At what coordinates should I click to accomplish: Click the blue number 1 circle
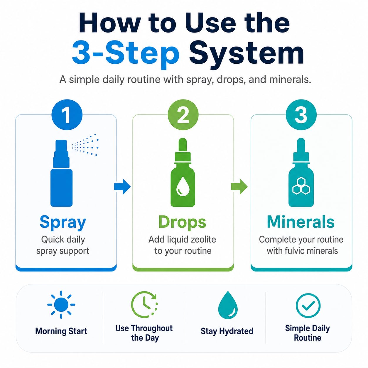pos(67,115)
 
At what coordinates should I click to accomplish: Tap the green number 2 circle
pos(183,115)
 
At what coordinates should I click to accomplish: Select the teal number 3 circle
pos(301,115)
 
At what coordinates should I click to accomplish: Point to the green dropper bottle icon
pos(183,173)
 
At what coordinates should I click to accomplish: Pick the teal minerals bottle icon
pos(301,173)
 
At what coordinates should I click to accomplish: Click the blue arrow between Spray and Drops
pos(122,187)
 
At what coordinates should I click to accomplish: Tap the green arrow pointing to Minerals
pos(239,187)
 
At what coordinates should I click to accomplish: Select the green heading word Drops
pos(182,222)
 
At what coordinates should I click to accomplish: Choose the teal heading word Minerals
pos(301,222)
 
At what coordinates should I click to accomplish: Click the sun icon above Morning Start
pos(61,305)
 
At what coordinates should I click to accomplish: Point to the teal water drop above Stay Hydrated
pos(228,305)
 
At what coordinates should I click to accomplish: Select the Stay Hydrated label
pos(227,331)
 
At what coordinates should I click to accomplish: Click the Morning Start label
pos(61,331)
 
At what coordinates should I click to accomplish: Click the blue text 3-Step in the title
pos(126,53)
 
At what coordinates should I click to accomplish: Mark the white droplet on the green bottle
pos(183,186)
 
